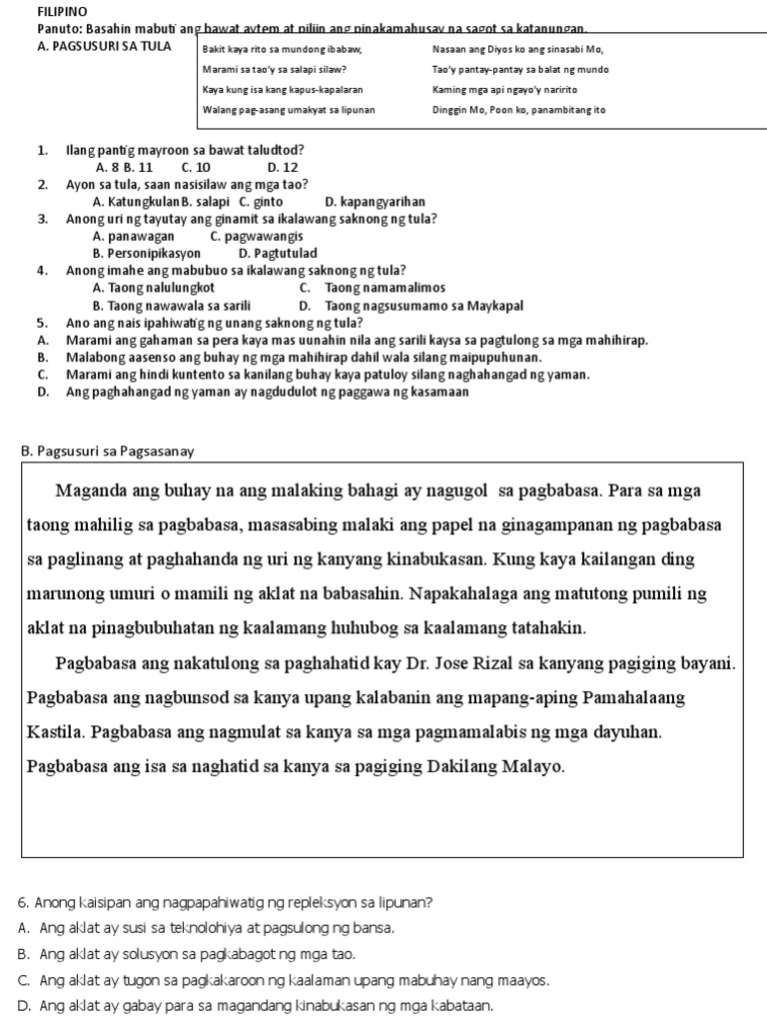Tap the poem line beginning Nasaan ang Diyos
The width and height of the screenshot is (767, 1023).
517,49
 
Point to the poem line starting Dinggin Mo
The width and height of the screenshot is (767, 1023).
518,109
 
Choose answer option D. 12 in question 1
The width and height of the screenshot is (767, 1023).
283,168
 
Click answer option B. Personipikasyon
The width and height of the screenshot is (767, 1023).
146,254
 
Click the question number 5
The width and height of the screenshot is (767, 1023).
42,323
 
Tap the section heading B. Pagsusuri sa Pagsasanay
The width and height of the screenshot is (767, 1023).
107,451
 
